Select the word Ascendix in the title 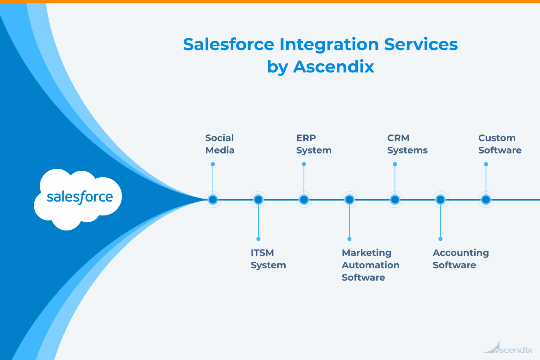(334, 67)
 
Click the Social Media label (219, 144)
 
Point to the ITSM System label (268, 259)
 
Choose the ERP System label (314, 144)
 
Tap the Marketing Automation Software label (370, 265)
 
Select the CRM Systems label (407, 144)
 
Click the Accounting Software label (461, 259)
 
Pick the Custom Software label (499, 144)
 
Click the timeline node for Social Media (213, 200)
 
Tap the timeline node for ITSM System (258, 200)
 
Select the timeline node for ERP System (304, 200)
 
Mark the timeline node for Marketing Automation (349, 200)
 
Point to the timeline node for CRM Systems (395, 200)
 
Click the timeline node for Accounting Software (440, 200)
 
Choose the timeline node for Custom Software (486, 200)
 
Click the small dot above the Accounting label (440, 239)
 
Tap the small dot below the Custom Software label (486, 164)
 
